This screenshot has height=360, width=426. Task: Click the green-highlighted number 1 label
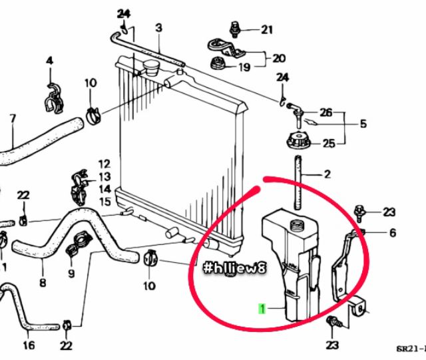tap(263, 309)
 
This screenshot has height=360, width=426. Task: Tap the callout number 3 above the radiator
tap(158, 27)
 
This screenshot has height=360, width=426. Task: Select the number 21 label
tap(267, 29)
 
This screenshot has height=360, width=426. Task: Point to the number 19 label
tap(244, 67)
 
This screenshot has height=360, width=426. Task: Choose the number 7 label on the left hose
tap(12, 119)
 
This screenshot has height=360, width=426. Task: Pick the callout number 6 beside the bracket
tap(392, 232)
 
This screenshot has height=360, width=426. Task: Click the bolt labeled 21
tap(234, 29)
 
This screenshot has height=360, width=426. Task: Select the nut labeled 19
tap(216, 65)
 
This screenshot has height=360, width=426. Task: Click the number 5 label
tap(363, 123)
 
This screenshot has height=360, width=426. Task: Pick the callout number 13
tap(105, 176)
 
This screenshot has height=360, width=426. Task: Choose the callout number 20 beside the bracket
tap(279, 58)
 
